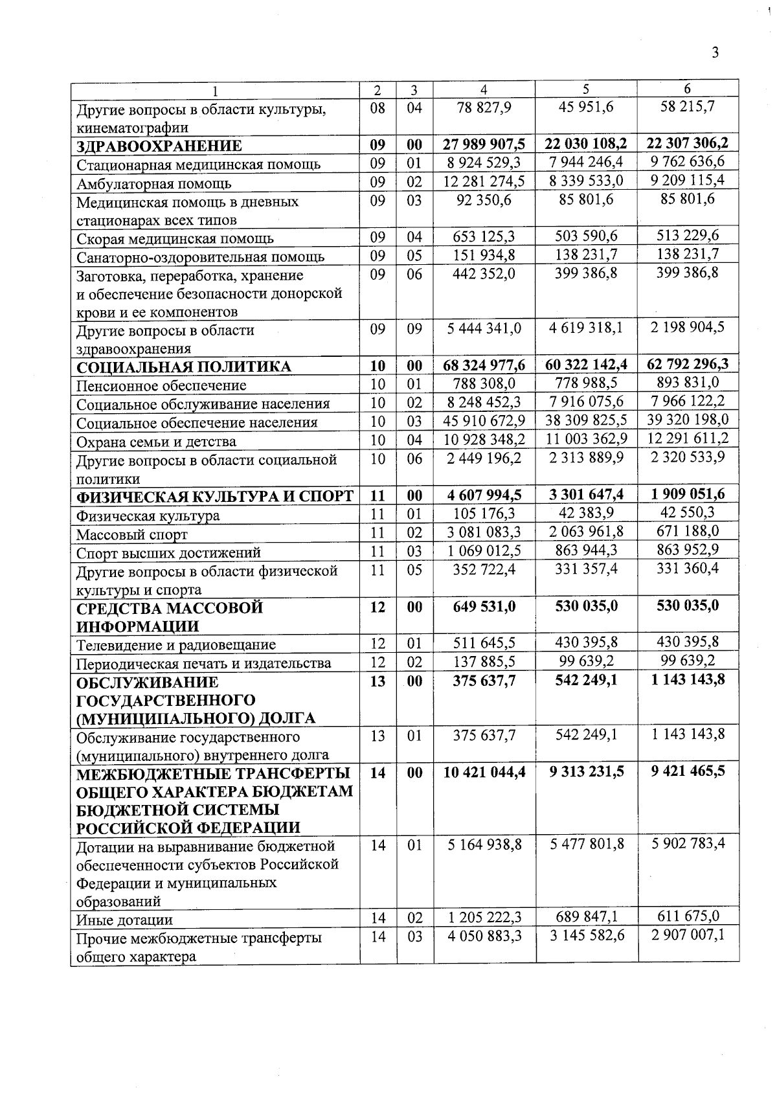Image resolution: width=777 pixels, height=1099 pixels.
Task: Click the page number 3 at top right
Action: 715,52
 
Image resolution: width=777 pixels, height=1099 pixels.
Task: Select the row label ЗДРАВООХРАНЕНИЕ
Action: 159,146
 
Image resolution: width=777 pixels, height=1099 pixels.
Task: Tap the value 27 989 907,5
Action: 484,144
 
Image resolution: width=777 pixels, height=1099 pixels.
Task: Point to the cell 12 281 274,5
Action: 484,181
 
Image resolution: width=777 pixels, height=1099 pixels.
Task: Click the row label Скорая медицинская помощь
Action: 175,238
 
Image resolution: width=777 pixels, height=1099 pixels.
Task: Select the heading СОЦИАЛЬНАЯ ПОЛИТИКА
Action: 184,367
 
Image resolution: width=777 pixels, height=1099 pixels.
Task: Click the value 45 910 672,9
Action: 484,421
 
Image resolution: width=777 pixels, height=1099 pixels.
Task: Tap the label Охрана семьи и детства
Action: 156,442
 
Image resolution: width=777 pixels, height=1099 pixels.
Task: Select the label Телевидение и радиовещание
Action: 176,645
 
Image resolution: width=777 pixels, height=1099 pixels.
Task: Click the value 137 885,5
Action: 484,661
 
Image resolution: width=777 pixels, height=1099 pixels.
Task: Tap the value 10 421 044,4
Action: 484,771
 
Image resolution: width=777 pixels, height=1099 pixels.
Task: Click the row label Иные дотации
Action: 124,920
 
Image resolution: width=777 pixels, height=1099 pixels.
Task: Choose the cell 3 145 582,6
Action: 585,936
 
